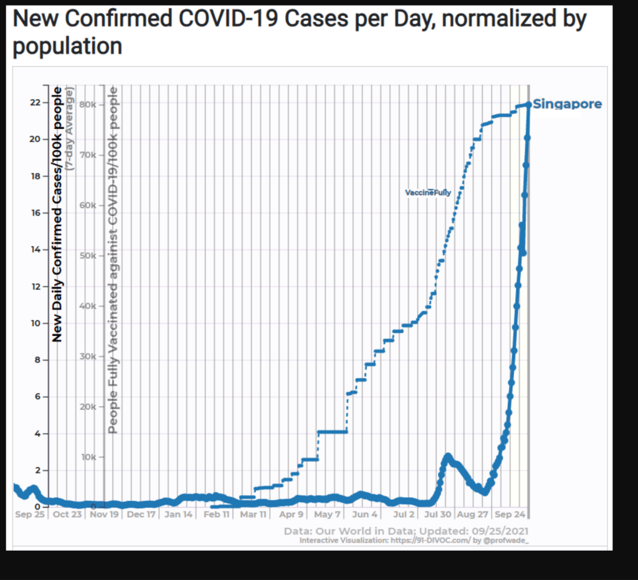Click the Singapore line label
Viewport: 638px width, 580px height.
point(568,104)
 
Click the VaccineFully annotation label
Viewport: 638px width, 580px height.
point(428,193)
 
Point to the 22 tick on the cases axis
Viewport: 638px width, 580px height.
point(35,102)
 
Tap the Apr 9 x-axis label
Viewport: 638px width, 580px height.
point(292,515)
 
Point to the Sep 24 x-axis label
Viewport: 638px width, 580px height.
point(510,515)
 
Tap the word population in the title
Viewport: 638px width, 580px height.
point(67,46)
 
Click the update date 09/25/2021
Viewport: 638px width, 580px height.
point(497,531)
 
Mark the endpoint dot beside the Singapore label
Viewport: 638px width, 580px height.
point(528,105)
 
